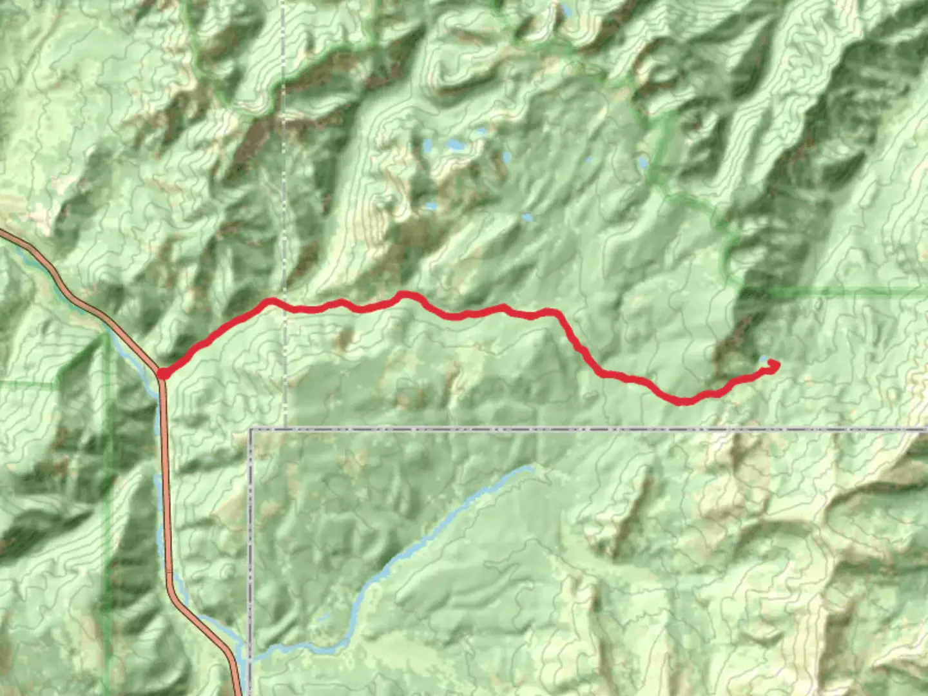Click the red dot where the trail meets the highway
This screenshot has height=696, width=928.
click(162, 372)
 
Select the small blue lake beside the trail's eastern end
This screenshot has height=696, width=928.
click(764, 359)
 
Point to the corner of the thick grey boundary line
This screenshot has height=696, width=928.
click(251, 429)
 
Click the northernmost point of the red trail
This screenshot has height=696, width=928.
click(405, 295)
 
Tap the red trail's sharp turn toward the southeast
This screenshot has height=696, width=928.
click(556, 313)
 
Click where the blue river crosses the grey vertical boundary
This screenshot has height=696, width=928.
click(250, 656)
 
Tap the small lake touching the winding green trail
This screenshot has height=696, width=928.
click(643, 163)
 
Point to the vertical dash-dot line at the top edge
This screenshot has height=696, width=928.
click(284, 3)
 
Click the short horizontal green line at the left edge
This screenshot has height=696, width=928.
click(26, 385)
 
